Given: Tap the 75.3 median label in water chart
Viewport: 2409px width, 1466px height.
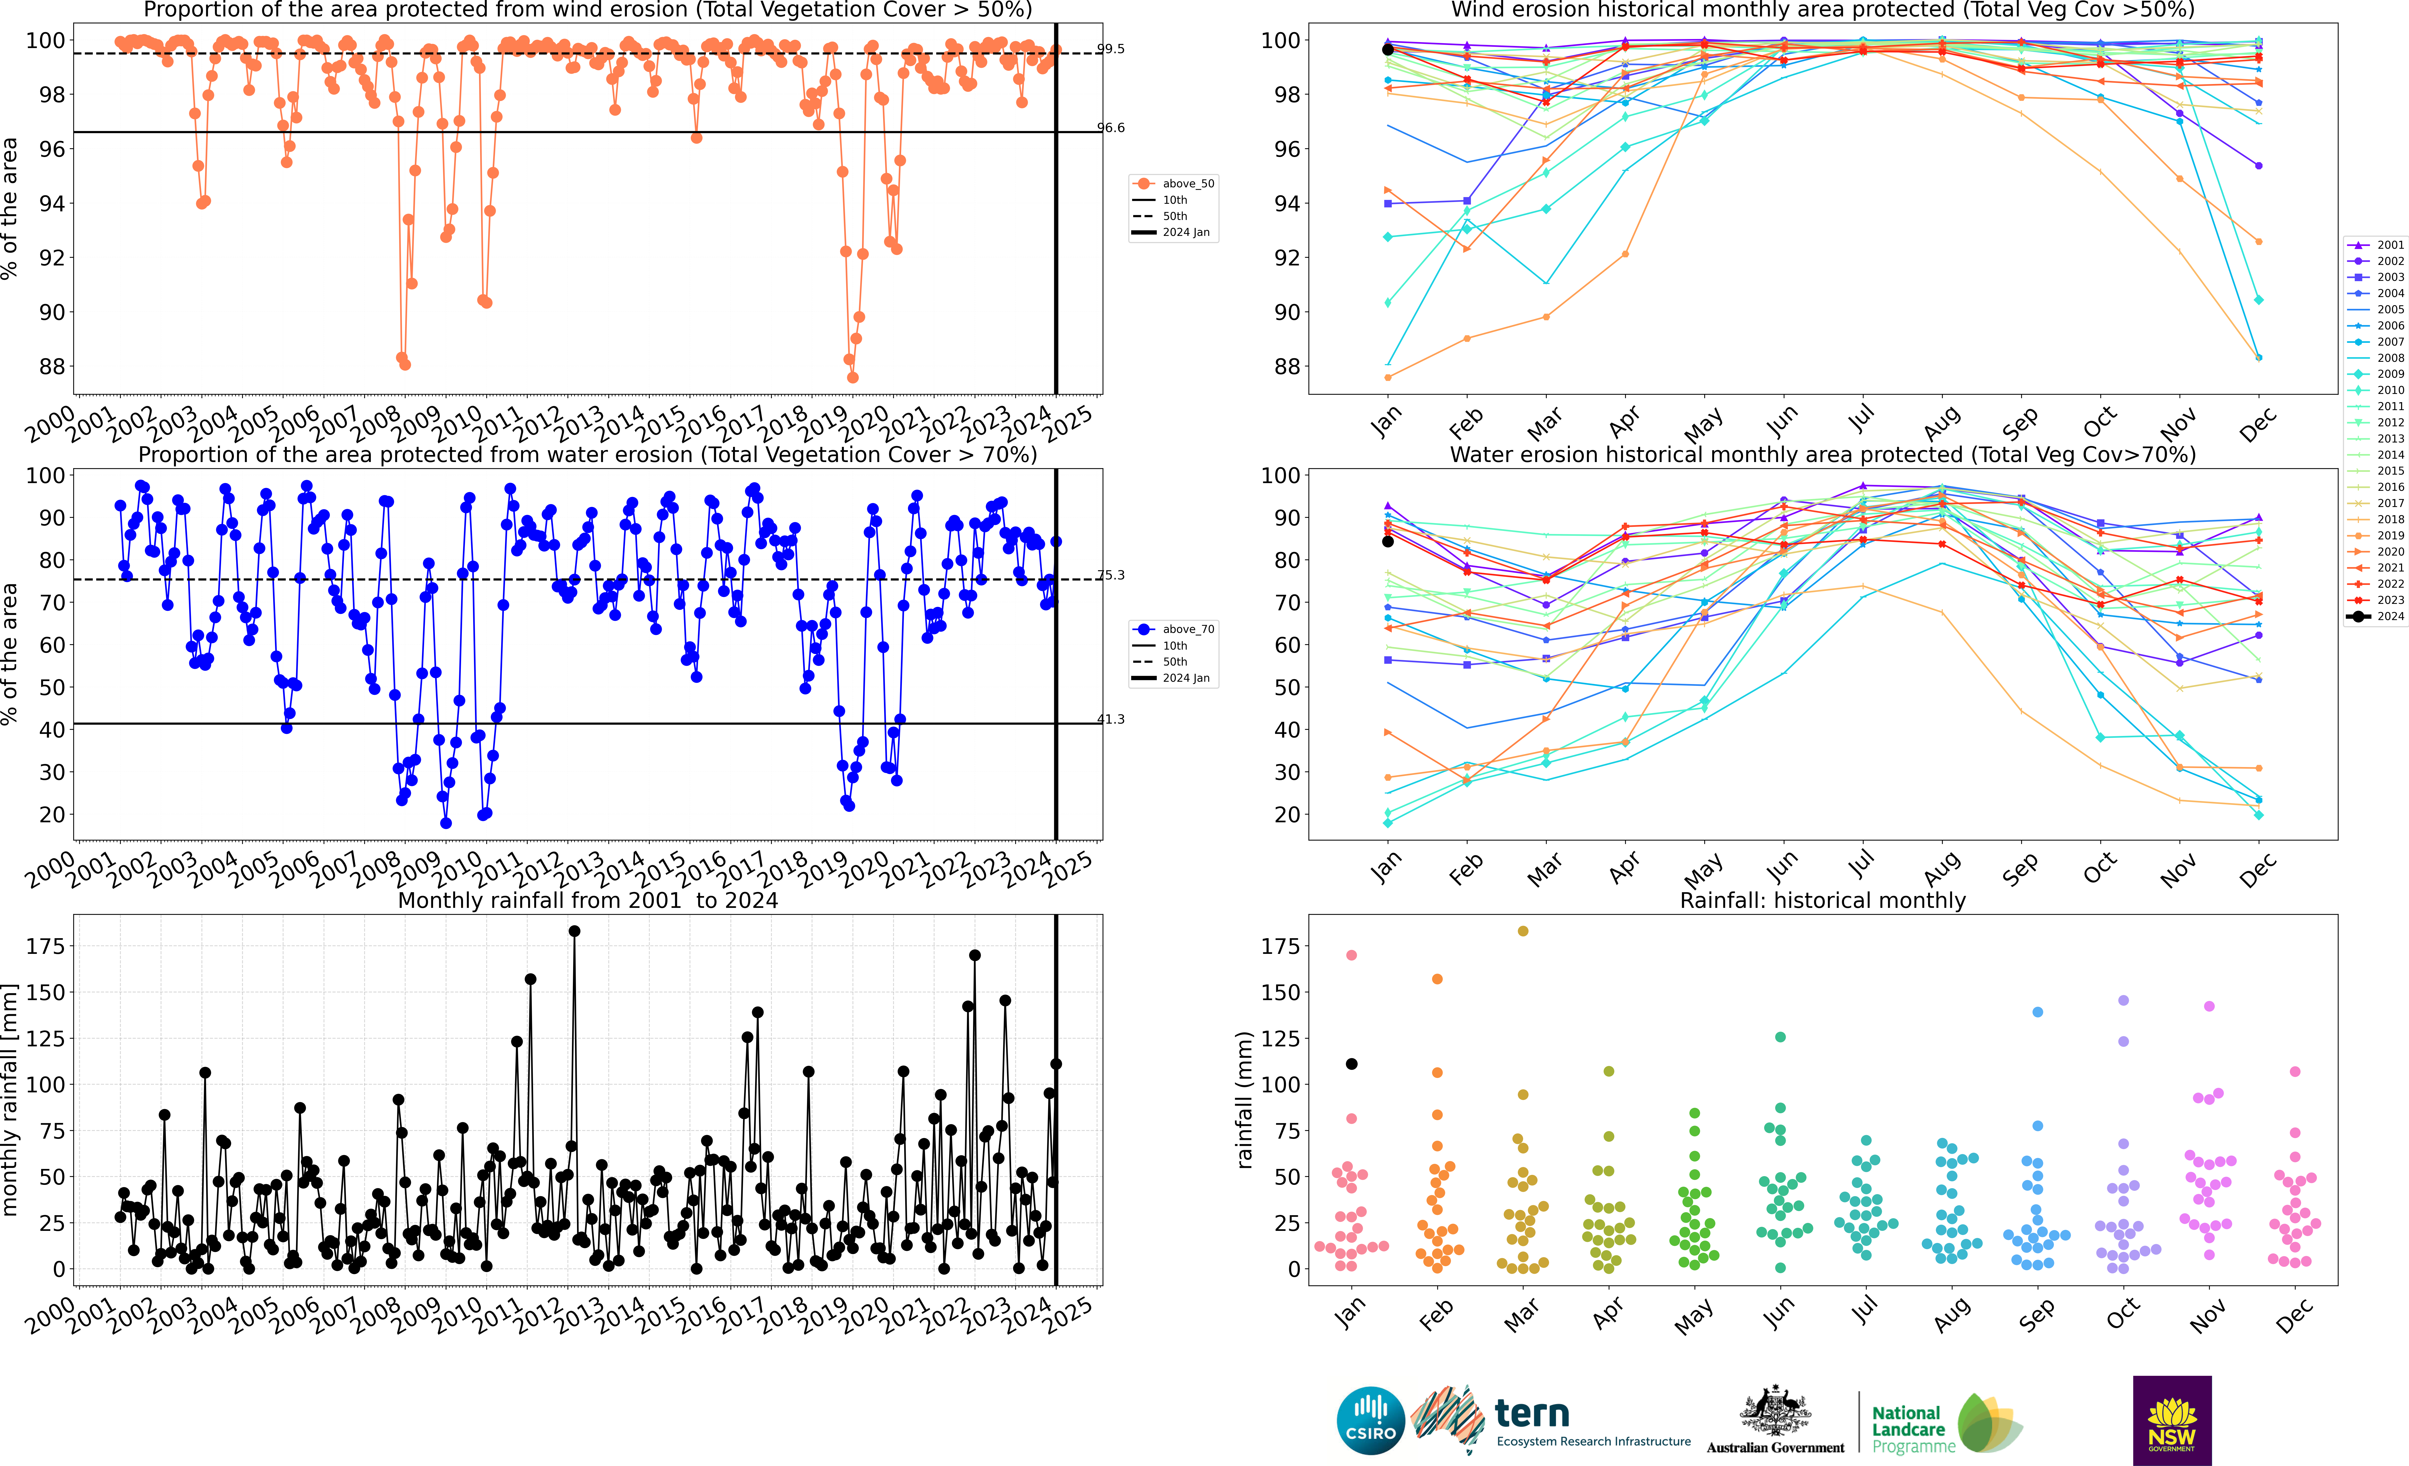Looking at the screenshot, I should (x=1111, y=575).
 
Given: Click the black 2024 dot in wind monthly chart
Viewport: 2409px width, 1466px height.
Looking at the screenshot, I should (x=1387, y=50).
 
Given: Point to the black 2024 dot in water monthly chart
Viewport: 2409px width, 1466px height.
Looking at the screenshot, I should (x=1387, y=541).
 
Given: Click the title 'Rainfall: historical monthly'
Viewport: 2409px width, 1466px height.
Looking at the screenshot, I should (x=1822, y=900).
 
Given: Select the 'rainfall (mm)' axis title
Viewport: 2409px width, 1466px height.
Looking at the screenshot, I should (x=1244, y=1100).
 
